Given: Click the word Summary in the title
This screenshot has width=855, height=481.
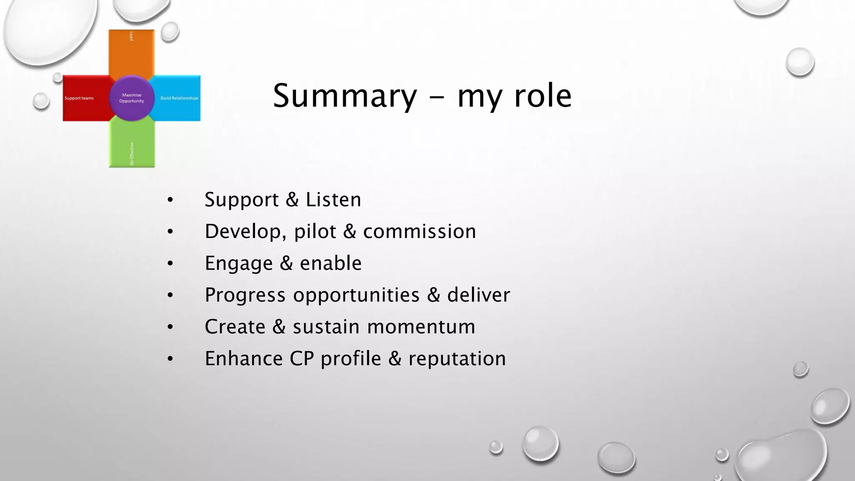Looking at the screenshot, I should pos(345,96).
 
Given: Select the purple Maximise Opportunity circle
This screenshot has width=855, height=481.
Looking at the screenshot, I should pos(132,98).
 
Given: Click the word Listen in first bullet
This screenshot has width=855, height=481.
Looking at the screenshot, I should pos(333,200).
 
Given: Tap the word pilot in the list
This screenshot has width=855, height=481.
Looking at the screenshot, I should pos(315,231).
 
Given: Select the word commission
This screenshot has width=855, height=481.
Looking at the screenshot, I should pos(419,231).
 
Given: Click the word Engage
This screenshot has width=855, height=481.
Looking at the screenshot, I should pos(238,263).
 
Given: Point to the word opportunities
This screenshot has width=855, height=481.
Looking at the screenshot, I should pos(356,295).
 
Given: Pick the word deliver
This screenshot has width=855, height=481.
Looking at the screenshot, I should pos(478,295).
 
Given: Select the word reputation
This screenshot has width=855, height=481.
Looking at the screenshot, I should pos(457,359).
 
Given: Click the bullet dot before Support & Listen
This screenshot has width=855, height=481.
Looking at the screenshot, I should pos(170,200).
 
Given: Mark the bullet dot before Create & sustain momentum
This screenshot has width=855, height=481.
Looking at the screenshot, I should pos(170,327).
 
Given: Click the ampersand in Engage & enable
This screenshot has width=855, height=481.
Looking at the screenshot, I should pos(286,263).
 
